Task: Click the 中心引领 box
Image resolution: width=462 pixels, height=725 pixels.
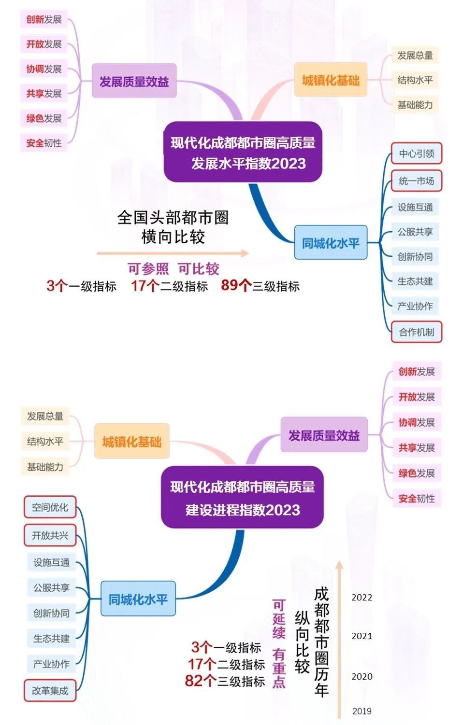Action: click(416, 154)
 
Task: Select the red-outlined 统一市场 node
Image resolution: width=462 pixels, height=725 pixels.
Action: click(416, 181)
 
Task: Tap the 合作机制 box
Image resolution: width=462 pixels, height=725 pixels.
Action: click(416, 332)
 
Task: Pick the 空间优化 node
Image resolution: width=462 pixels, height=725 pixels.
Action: click(50, 507)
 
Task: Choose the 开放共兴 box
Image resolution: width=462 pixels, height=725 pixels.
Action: click(50, 535)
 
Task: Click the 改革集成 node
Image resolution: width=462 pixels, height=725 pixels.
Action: click(50, 691)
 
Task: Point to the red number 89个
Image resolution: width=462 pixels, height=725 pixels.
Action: click(236, 286)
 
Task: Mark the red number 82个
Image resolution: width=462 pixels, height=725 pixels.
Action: click(200, 681)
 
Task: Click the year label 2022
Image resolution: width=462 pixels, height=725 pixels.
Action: click(361, 598)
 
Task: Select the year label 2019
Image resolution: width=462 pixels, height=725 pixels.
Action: click(361, 711)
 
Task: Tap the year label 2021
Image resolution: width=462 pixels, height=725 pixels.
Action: click(361, 636)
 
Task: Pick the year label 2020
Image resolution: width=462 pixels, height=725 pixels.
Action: click(361, 677)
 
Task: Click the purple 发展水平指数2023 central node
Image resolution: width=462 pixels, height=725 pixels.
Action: click(243, 153)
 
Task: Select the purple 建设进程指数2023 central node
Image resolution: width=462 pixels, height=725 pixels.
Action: click(242, 498)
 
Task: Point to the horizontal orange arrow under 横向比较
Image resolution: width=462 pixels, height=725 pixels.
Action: click(173, 253)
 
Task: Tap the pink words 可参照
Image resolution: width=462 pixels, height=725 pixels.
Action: click(148, 269)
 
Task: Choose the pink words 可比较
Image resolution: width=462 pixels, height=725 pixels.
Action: click(199, 269)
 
